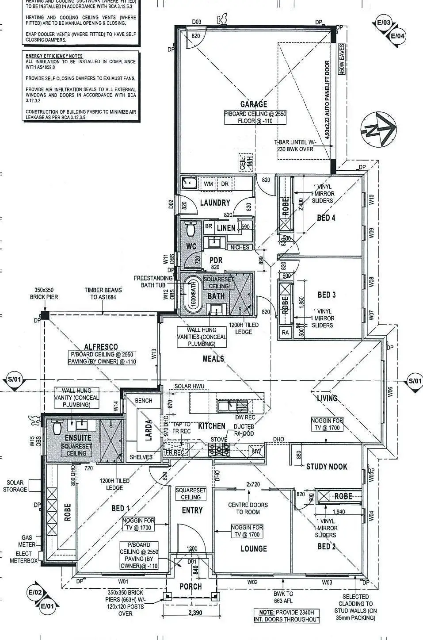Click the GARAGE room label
(253, 104)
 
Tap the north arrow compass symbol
(379, 129)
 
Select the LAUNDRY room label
(215, 203)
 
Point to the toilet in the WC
(191, 230)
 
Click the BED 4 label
(326, 218)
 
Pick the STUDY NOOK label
(327, 466)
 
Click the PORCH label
(191, 586)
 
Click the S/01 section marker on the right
(415, 381)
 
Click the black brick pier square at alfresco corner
(44, 315)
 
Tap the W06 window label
(390, 392)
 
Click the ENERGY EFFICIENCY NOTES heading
(54, 56)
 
